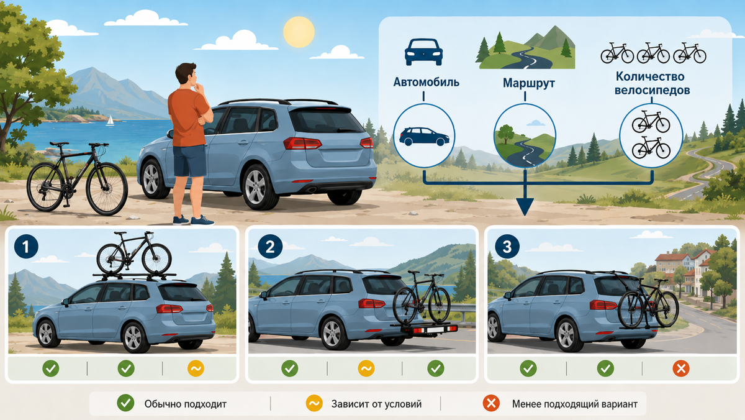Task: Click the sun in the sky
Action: (x=299, y=32)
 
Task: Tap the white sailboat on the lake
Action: (x=110, y=121)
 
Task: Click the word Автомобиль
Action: (x=426, y=82)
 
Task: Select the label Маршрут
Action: (x=528, y=83)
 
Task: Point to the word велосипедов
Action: (x=652, y=90)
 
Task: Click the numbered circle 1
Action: (x=26, y=247)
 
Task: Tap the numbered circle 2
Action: (x=269, y=247)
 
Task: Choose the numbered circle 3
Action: (x=507, y=247)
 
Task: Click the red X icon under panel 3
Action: (x=681, y=368)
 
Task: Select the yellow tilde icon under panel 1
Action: (x=196, y=368)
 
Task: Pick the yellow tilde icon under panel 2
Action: (x=366, y=368)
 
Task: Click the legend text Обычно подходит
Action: (x=185, y=404)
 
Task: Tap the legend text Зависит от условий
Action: (x=376, y=404)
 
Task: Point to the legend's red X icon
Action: (x=491, y=403)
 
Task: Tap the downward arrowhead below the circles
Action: (x=525, y=206)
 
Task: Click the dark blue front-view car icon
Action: (x=423, y=52)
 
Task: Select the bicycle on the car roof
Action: (x=134, y=253)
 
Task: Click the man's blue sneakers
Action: (x=193, y=220)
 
